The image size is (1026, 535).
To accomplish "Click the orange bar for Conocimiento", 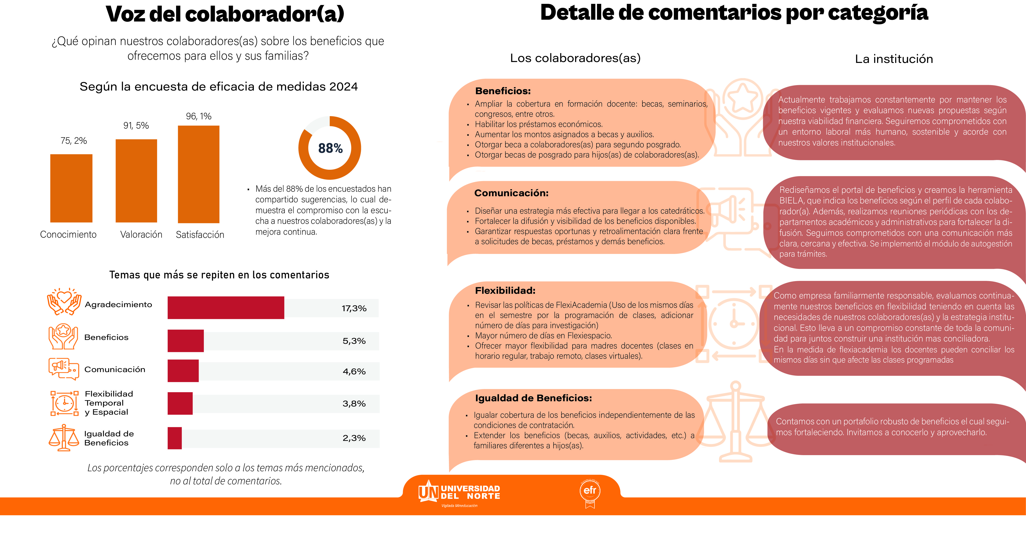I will (71, 188).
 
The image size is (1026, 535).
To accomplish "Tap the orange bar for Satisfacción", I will (198, 174).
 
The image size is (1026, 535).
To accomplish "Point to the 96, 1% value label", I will (198, 116).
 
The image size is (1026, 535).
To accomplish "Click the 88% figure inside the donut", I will (330, 148).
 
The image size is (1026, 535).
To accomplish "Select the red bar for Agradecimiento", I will (226, 308).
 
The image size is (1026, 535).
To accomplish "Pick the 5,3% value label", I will (354, 341).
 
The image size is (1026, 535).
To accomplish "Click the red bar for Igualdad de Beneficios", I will (175, 438).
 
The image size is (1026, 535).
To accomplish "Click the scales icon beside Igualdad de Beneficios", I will (64, 438).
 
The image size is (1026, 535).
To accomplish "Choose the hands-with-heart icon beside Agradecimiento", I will (64, 302).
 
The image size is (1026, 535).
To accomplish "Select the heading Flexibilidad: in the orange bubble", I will (505, 291).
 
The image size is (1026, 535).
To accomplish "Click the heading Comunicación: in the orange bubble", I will (511, 193).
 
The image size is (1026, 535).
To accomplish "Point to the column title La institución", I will (894, 59).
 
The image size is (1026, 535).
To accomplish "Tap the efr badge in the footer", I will (590, 493).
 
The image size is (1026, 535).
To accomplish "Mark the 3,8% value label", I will (354, 404).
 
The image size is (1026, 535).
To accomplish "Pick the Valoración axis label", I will (141, 234).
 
